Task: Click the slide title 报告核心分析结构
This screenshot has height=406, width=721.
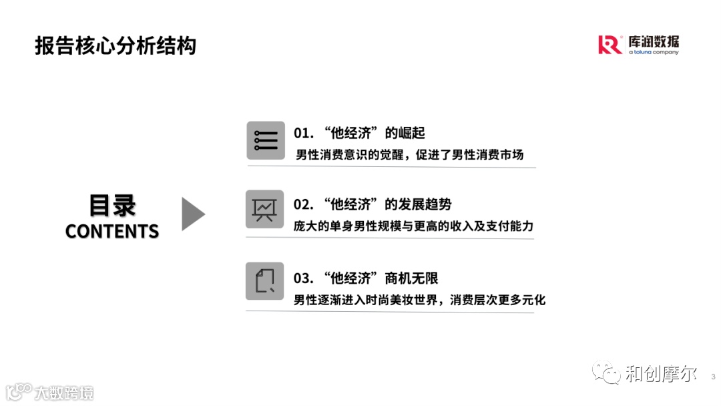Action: click(115, 46)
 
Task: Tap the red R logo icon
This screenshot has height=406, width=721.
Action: click(610, 45)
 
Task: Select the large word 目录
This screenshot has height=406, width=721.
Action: click(112, 206)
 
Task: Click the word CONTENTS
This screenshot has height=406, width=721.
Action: click(112, 232)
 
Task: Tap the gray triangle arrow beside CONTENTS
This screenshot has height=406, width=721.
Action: click(193, 214)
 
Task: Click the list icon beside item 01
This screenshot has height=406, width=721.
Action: click(265, 140)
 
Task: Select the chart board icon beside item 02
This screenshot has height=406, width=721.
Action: click(265, 209)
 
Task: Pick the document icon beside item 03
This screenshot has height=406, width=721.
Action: click(265, 281)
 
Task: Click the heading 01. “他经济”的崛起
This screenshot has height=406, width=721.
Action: click(359, 133)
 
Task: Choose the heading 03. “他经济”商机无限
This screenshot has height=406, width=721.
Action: click(365, 278)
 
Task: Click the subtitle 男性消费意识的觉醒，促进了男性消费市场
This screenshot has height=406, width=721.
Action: click(409, 155)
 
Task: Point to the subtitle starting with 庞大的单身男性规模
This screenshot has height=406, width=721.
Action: click(413, 226)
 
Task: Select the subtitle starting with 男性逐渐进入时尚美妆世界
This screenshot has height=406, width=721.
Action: click(419, 300)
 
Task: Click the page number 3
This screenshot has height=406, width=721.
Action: click(713, 376)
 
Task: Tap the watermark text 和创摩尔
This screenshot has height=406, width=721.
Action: click(661, 374)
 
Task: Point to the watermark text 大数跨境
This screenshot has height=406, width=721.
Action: click(64, 393)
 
